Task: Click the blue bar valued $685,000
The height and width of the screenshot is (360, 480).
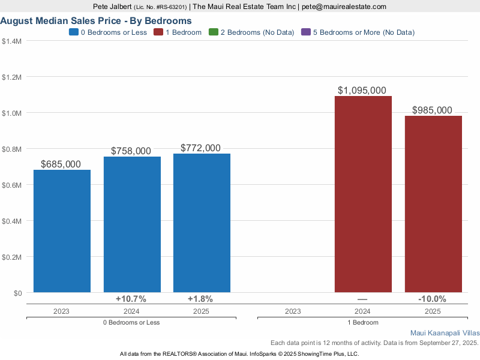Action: [62, 231]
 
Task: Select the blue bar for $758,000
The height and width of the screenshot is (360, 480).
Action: [132, 224]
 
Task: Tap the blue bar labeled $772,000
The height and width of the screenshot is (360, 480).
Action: [202, 223]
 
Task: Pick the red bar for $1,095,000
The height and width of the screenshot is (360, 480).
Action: [363, 194]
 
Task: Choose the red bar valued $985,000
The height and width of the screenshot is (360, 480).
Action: [433, 204]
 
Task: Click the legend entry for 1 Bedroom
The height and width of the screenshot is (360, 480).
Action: [179, 32]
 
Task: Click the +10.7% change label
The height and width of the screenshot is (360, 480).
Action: [131, 299]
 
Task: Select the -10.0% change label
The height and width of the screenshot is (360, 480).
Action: [432, 299]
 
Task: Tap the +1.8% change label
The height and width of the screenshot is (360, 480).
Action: [200, 299]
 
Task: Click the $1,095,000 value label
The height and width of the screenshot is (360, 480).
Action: [362, 91]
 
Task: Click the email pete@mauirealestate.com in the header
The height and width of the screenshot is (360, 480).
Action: [344, 7]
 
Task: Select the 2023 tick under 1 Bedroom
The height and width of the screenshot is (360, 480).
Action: [293, 311]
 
